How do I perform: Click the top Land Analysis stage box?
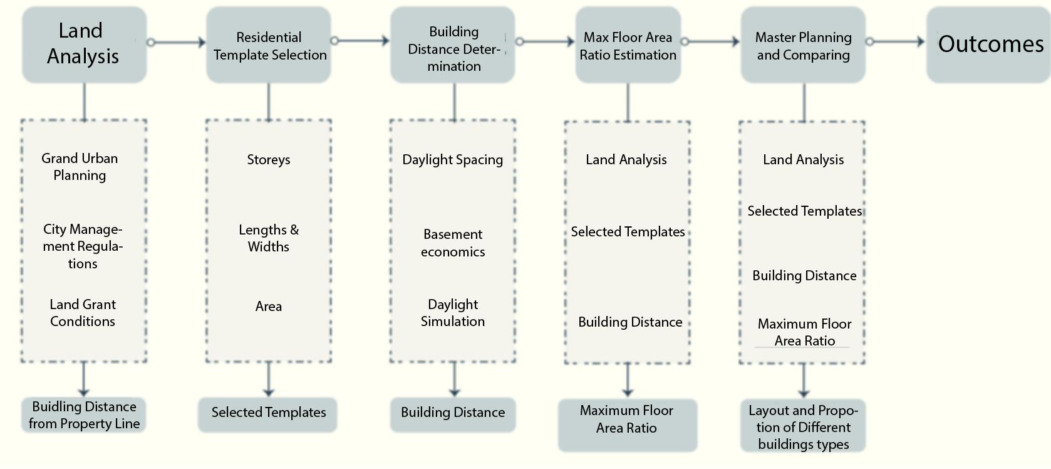[x=84, y=44]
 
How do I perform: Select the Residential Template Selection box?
[x=269, y=45]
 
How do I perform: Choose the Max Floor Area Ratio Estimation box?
[x=628, y=45]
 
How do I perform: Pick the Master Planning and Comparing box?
[x=803, y=45]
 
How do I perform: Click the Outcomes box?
[x=988, y=44]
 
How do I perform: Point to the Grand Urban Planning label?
[x=80, y=167]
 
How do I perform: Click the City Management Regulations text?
[x=83, y=246]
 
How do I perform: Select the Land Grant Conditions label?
[x=83, y=313]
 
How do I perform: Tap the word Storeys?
[x=269, y=159]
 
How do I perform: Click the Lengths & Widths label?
[x=269, y=238]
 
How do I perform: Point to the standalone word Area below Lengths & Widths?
[x=269, y=307]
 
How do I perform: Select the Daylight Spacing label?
[x=453, y=160]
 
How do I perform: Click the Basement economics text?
[x=453, y=243]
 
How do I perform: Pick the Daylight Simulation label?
[x=453, y=313]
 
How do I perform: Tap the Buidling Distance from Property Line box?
[x=84, y=415]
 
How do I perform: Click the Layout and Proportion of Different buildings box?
[x=803, y=427]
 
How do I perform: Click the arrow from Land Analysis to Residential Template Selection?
[x=179, y=42]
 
